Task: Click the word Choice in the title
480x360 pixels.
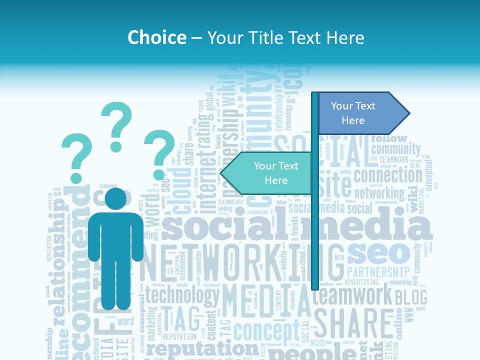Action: click(157, 37)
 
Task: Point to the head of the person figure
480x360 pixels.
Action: click(115, 199)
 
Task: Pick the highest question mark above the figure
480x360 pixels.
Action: click(116, 126)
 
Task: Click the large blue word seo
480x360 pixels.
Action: click(378, 253)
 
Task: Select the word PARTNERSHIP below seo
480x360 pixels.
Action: click(378, 272)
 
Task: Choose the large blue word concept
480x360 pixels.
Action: click(266, 331)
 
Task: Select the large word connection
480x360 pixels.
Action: click(388, 176)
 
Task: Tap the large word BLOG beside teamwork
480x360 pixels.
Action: click(411, 297)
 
